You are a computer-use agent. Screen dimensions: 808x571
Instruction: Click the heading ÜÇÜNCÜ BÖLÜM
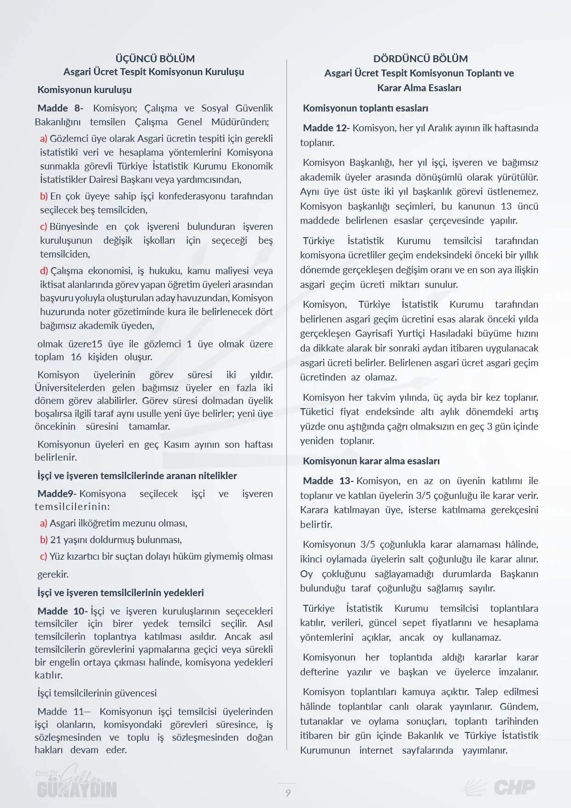click(x=155, y=59)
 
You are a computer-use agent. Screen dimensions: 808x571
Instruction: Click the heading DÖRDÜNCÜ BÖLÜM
click(x=420, y=59)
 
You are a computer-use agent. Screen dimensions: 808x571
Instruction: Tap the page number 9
click(x=288, y=793)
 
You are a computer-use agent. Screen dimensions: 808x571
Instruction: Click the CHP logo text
click(x=514, y=787)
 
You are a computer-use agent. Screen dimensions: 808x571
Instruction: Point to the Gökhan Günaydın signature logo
click(x=77, y=783)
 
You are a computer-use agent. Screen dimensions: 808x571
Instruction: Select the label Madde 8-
click(x=60, y=108)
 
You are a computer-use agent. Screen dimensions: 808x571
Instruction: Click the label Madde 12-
click(x=326, y=128)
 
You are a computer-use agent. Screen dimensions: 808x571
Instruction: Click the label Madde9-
click(x=57, y=494)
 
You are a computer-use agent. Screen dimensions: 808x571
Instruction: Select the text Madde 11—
click(x=64, y=712)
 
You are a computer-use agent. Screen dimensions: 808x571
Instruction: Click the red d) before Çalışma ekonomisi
click(x=44, y=271)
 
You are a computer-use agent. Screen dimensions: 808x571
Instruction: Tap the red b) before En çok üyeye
click(x=44, y=196)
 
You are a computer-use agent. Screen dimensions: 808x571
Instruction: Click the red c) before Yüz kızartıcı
click(x=43, y=556)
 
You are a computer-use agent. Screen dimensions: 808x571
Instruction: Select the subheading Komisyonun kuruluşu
click(x=85, y=89)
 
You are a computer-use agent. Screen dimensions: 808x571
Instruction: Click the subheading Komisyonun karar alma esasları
click(x=371, y=461)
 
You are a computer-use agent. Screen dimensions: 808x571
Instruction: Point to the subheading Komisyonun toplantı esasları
click(x=366, y=108)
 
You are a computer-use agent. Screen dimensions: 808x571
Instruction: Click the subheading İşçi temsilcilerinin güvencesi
click(x=97, y=693)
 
